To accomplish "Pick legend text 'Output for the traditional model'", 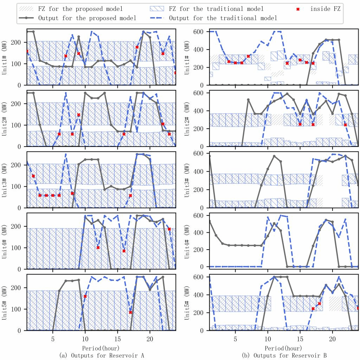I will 223,18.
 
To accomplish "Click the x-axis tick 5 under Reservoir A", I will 53,340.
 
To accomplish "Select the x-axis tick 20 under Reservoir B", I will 332,340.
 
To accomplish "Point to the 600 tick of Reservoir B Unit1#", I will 200,31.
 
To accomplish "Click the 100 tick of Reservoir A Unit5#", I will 18,309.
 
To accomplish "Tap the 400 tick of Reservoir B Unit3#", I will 200,172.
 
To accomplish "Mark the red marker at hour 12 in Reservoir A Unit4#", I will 98,247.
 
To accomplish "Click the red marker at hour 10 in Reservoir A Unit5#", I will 85,296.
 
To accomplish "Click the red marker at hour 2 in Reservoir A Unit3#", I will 33,176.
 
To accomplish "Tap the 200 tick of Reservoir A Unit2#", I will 18,104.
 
